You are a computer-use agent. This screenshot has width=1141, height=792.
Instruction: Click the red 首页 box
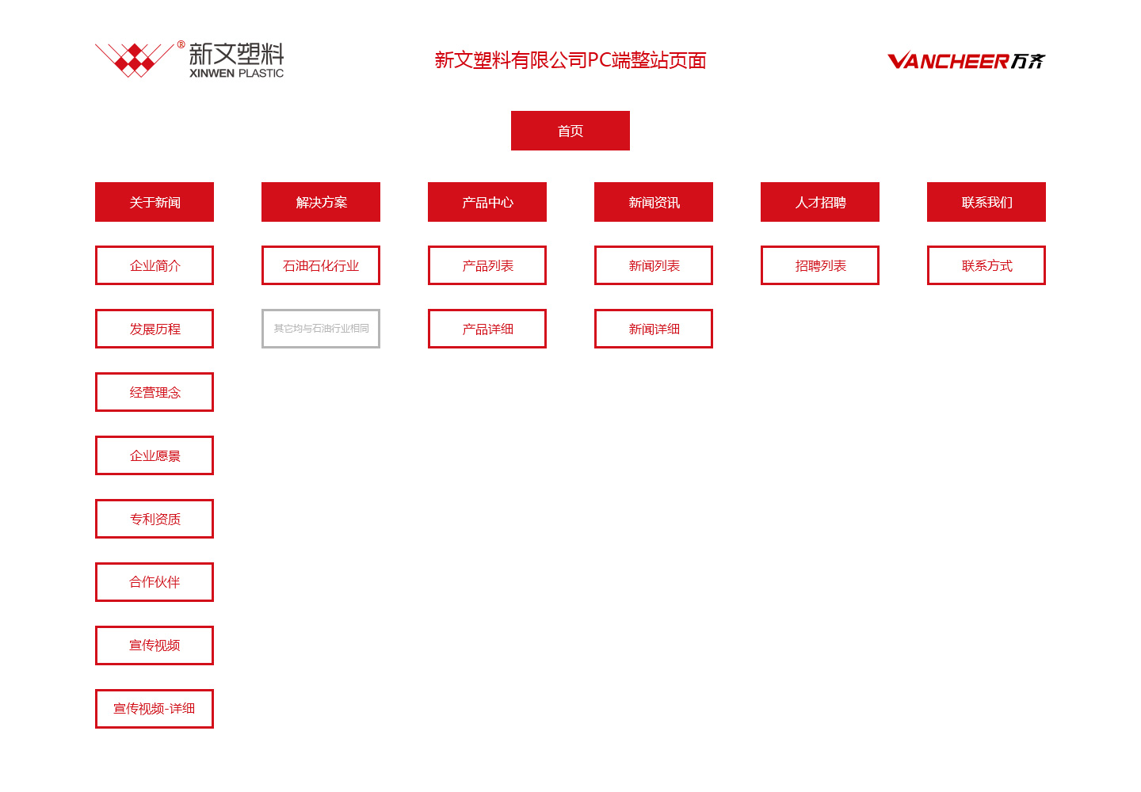pyautogui.click(x=570, y=131)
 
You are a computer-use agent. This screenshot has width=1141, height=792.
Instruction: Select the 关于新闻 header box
pyautogui.click(x=155, y=202)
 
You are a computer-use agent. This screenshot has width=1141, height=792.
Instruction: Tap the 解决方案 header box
pyautogui.click(x=321, y=202)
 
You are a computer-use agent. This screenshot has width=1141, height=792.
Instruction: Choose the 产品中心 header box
pyautogui.click(x=487, y=202)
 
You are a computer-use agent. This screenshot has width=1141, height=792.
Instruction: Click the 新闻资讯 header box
pyautogui.click(x=654, y=202)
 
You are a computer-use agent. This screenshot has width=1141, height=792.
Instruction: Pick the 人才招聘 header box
pyautogui.click(x=820, y=202)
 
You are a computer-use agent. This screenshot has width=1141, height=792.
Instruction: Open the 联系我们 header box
pyautogui.click(x=986, y=202)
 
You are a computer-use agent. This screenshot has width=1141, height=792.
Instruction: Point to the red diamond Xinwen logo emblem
pyautogui.click(x=135, y=60)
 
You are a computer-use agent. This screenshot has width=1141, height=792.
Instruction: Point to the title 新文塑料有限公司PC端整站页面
pyautogui.click(x=570, y=60)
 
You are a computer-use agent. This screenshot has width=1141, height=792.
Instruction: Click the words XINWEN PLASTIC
pyautogui.click(x=236, y=74)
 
